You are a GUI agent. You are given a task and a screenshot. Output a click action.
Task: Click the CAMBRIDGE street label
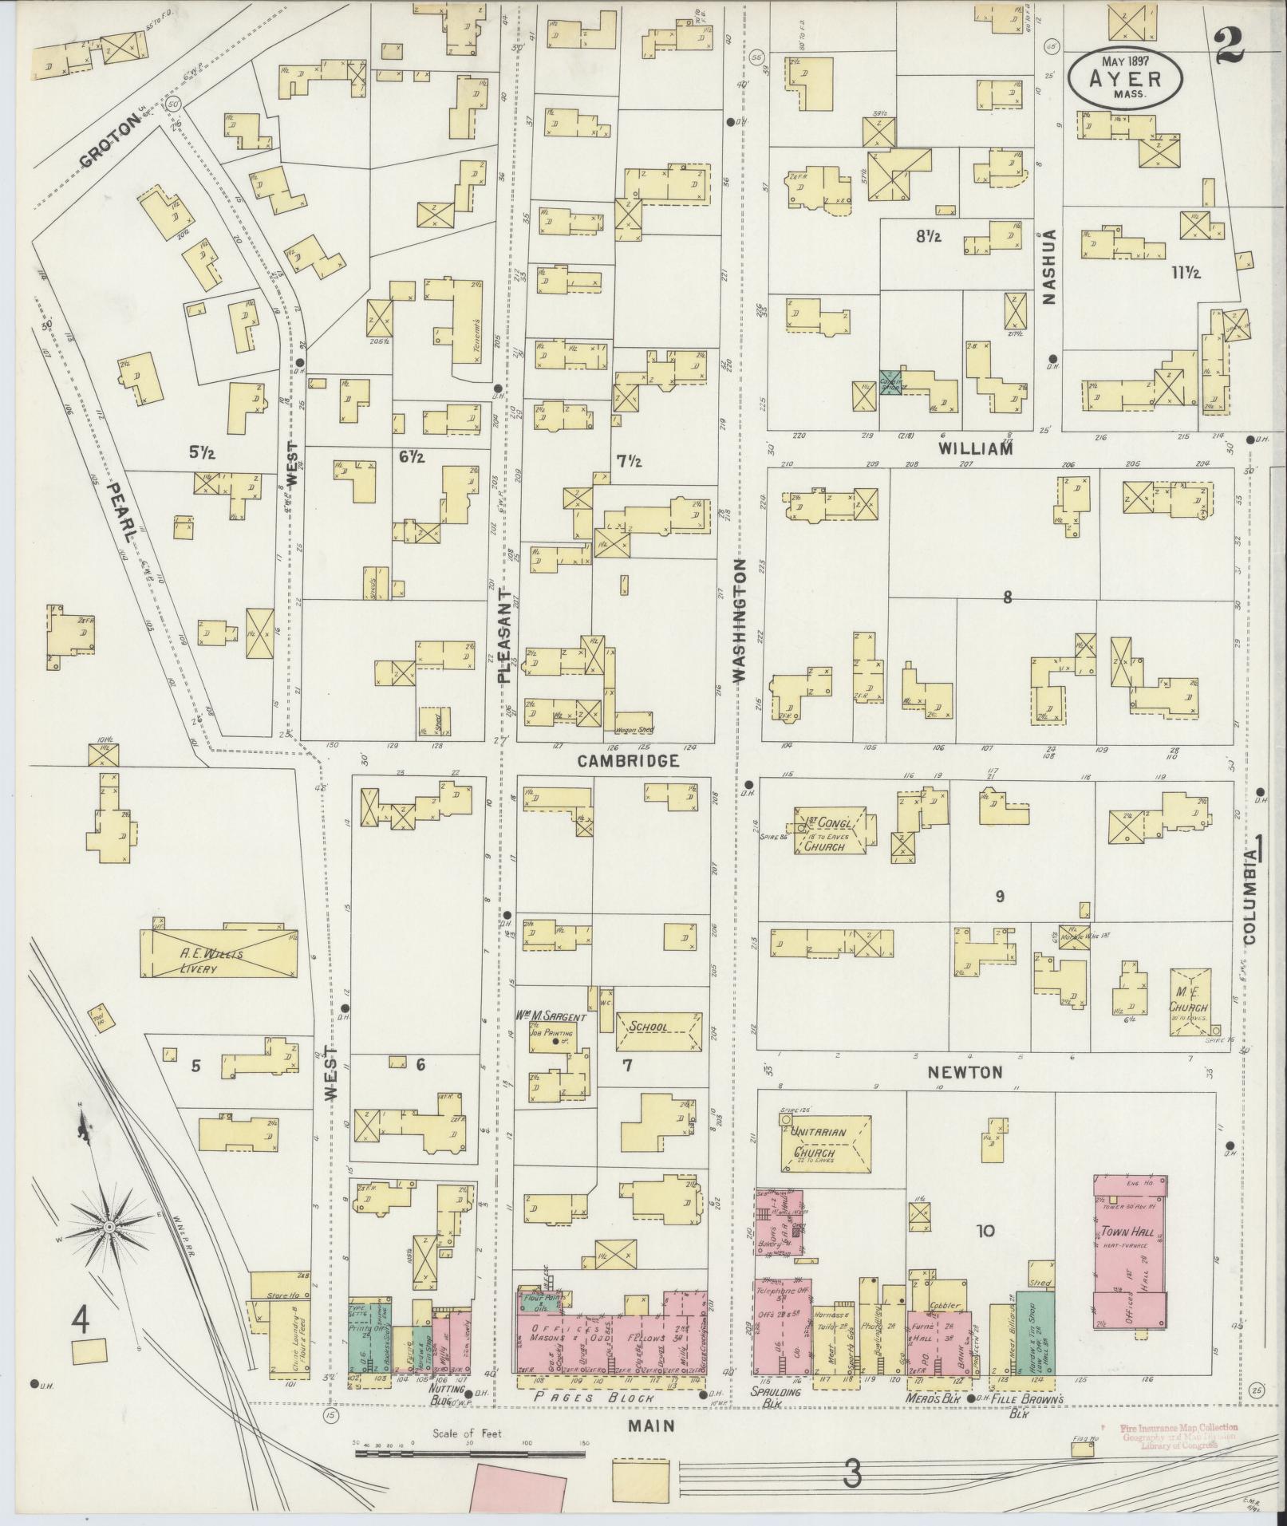point(628,761)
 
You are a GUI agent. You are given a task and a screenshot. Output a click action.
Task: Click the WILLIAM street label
point(975,448)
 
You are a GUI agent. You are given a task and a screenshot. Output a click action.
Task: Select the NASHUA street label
point(1048,266)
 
